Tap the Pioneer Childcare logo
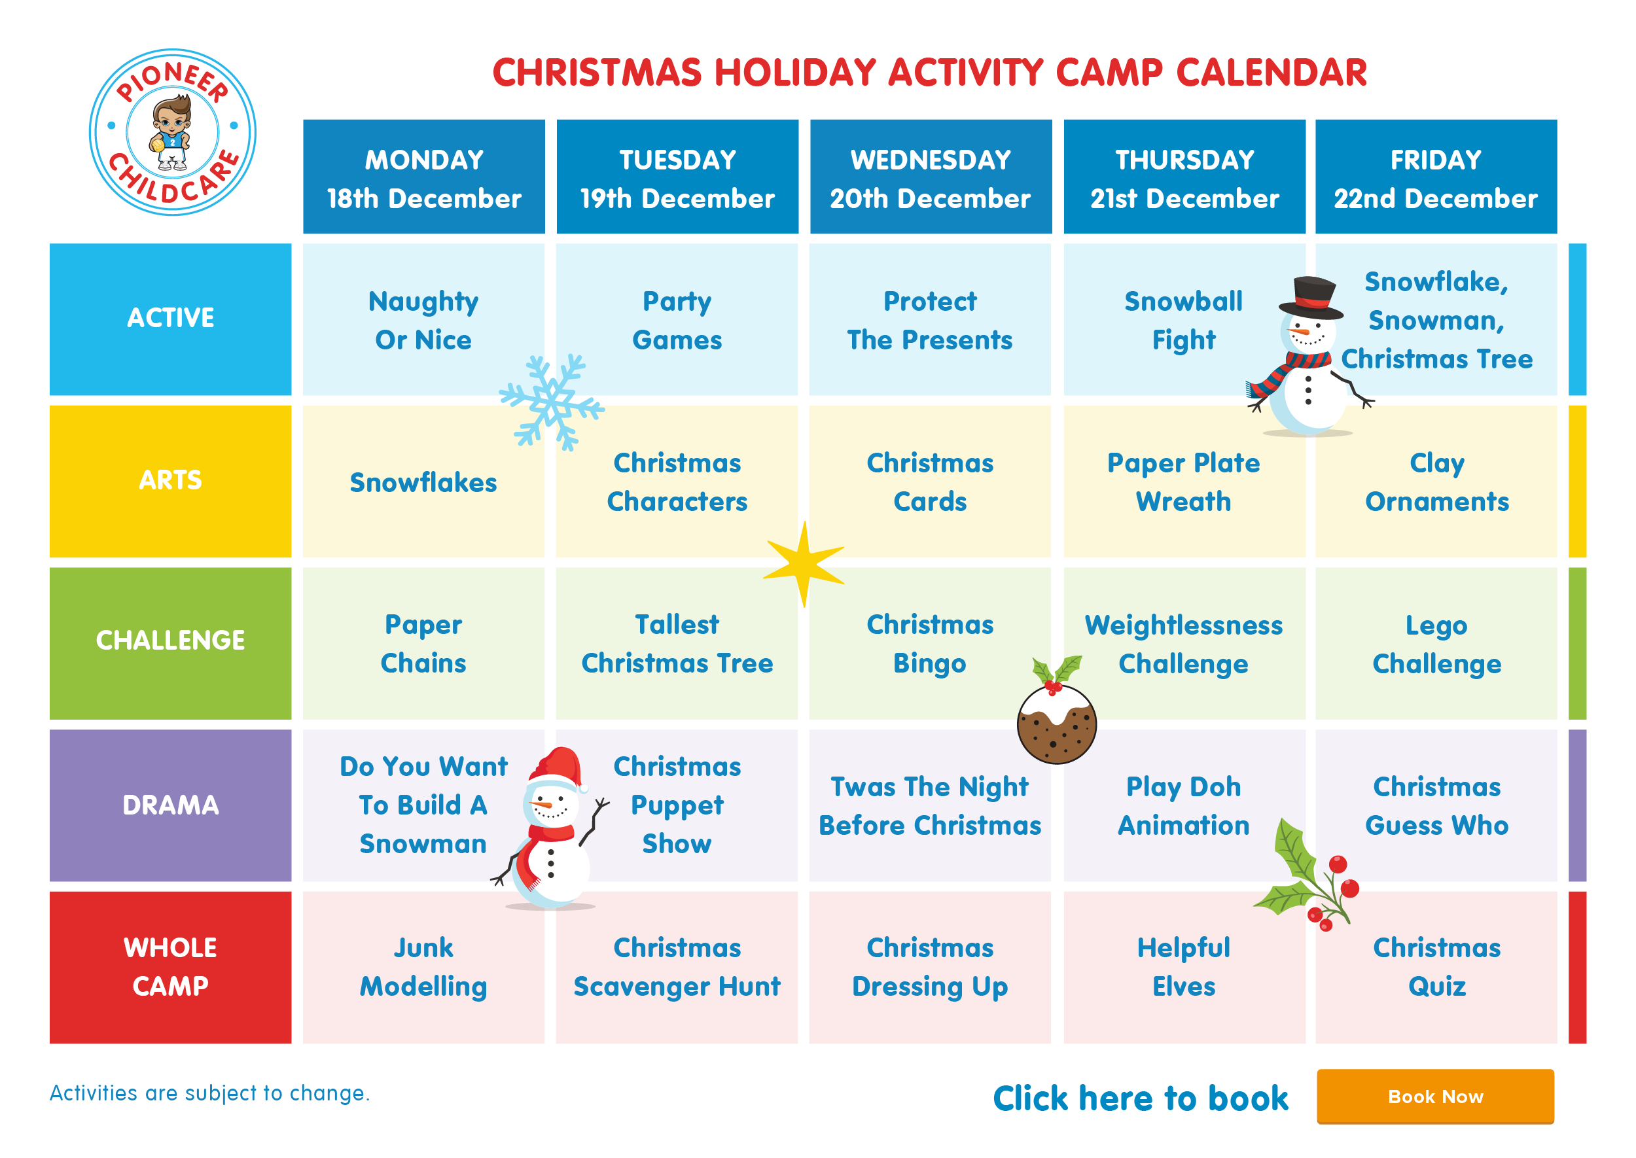(x=173, y=132)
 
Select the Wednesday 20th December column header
(x=930, y=177)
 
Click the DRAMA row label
(x=170, y=805)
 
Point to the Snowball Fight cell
(x=1184, y=319)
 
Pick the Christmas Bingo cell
(x=930, y=643)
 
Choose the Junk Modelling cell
(x=423, y=967)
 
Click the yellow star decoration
(x=804, y=564)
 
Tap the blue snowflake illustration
(x=551, y=403)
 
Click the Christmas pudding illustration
(x=1056, y=713)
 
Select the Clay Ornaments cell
(x=1436, y=482)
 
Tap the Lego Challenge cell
(x=1436, y=643)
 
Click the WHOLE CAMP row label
(x=170, y=967)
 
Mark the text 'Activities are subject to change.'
(x=209, y=1093)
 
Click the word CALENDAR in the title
(x=1271, y=72)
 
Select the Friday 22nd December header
(x=1436, y=177)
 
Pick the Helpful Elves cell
(x=1184, y=967)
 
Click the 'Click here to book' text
(x=1141, y=1098)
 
